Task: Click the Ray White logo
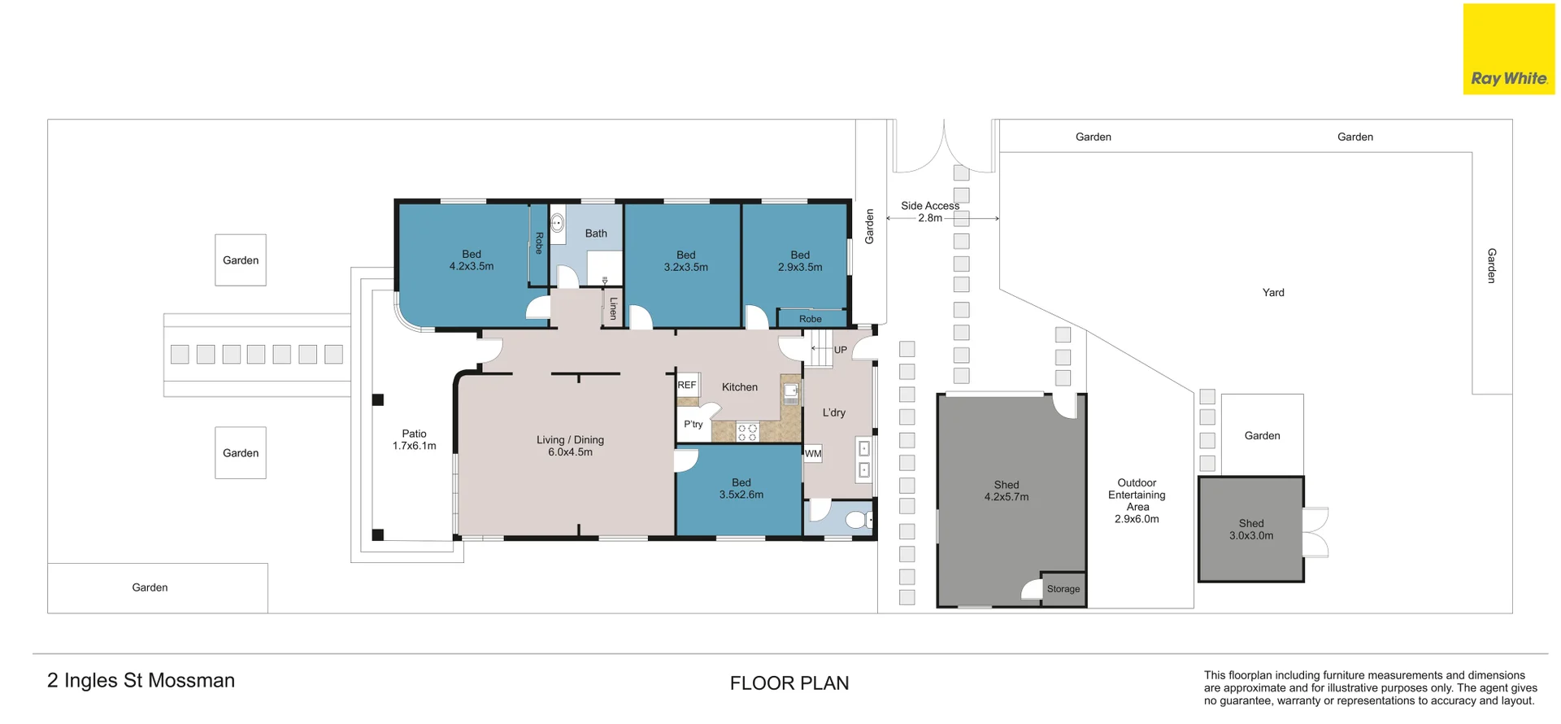pos(1509,49)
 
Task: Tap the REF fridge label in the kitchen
pos(687,386)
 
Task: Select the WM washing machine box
pos(813,454)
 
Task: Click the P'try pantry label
pos(694,425)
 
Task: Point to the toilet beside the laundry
pos(859,519)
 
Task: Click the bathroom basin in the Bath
pos(558,222)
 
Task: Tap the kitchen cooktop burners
pos(747,432)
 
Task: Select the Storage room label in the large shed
pos(1063,589)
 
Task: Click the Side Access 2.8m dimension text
pos(930,212)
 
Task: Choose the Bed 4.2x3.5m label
pos(472,260)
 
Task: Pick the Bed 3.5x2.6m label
pos(741,488)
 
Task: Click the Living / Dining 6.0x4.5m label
pos(570,446)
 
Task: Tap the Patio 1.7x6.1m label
pos(415,439)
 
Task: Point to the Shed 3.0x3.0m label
pos(1251,530)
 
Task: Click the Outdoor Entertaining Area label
pos(1137,500)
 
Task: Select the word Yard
pos(1273,292)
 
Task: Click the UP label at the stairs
pos(841,350)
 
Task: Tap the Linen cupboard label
pos(614,308)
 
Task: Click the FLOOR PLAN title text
pos(789,683)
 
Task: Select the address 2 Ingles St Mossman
pos(141,680)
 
